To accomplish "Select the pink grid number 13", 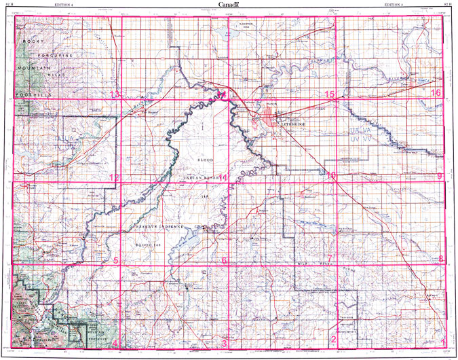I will point(115,94).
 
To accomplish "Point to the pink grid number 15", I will point(330,94).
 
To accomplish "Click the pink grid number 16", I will point(436,93).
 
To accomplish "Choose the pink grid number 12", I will point(115,177).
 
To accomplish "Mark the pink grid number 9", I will point(440,177).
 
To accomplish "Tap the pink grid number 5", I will point(116,260).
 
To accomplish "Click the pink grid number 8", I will point(441,259).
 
